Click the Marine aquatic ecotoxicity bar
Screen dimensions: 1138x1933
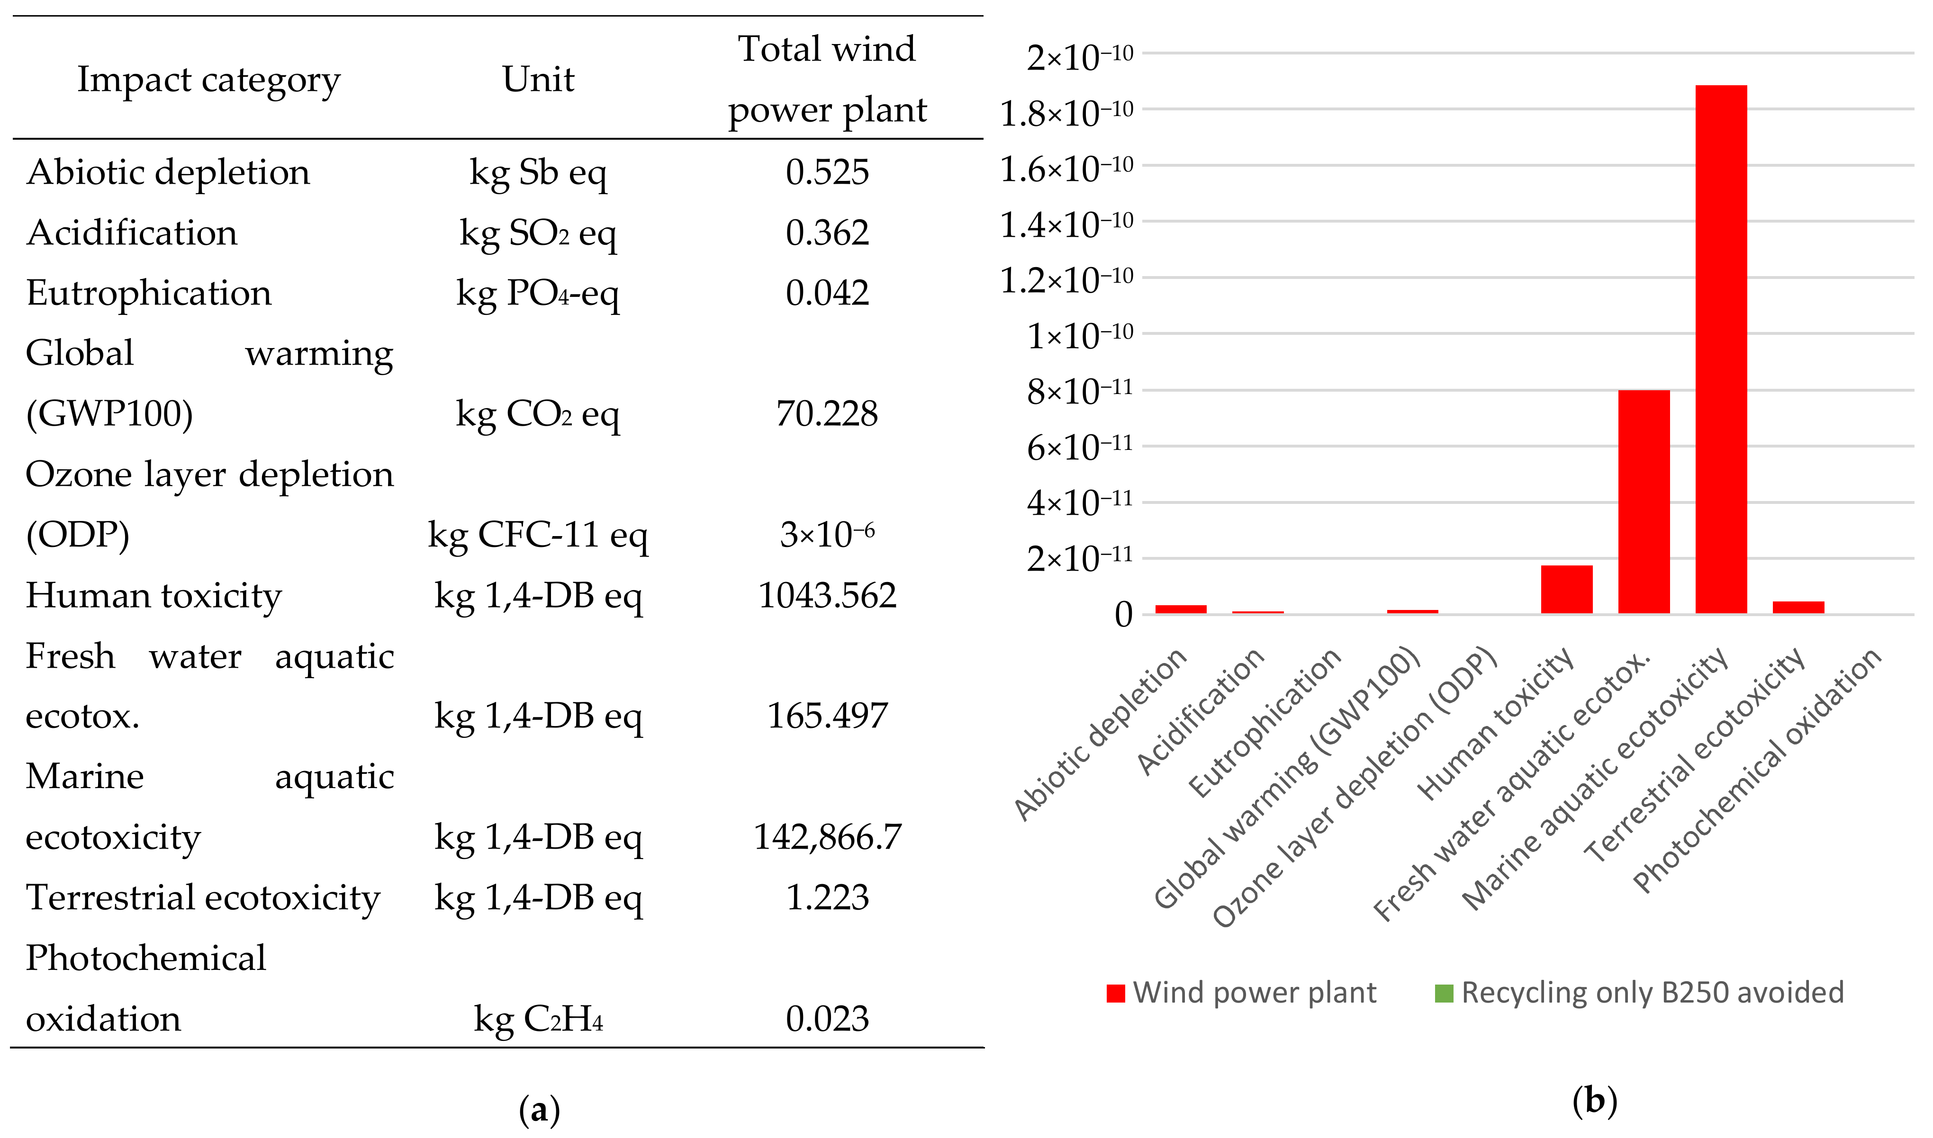(1721, 349)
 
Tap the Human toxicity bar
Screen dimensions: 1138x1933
(1566, 589)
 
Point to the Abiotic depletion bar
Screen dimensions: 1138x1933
(1181, 609)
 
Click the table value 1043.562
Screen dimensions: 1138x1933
(827, 596)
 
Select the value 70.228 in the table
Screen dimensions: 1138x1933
(827, 414)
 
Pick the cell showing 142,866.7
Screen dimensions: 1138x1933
(827, 837)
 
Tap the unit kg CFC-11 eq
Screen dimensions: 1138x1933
(538, 535)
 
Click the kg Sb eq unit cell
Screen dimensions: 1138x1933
(538, 172)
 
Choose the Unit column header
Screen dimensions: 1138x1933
(538, 79)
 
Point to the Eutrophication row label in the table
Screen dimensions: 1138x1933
(149, 293)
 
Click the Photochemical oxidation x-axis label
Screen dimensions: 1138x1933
(1757, 771)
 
